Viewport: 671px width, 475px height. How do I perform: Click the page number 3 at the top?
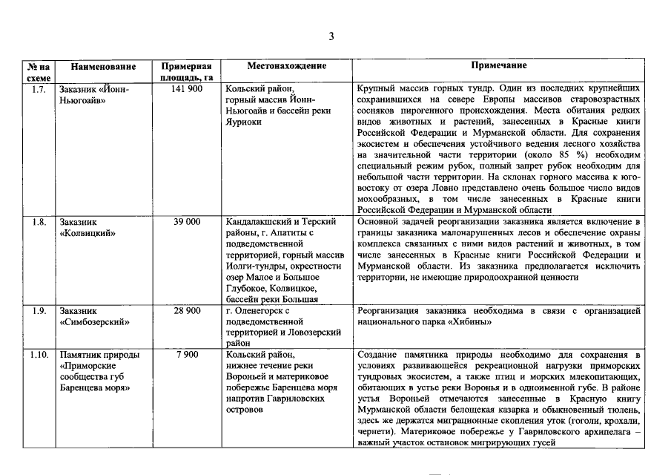coord(332,36)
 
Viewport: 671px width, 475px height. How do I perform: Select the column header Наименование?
coord(103,66)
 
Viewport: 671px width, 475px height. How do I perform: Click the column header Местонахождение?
coord(287,66)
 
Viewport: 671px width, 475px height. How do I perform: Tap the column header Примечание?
coord(498,66)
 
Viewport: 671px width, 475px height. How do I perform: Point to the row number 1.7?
coord(39,89)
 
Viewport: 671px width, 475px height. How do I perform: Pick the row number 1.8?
coord(39,221)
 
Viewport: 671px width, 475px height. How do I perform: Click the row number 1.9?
coord(39,310)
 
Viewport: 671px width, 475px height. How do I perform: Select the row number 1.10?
coord(39,355)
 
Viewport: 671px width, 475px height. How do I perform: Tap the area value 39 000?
coord(187,221)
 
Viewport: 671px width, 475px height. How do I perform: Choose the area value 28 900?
coord(187,310)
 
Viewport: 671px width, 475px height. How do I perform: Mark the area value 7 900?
coord(187,355)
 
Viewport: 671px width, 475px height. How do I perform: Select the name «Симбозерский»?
coord(95,322)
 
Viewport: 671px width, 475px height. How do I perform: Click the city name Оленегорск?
coord(263,311)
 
